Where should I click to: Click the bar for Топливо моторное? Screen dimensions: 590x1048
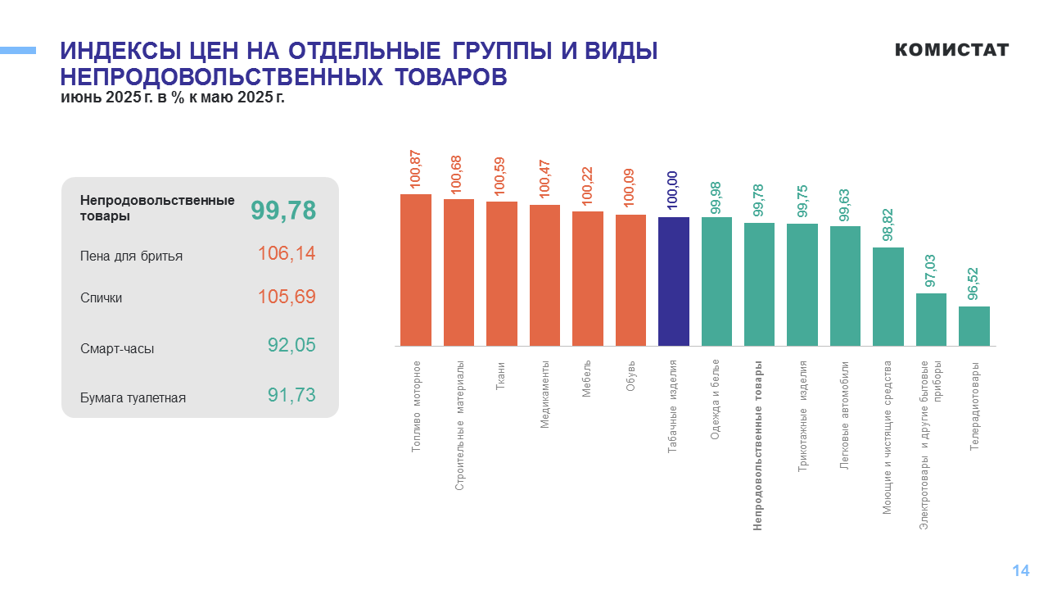(x=415, y=270)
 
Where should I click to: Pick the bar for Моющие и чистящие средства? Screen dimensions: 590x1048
(x=888, y=296)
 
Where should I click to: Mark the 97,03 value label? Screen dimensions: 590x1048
(x=931, y=271)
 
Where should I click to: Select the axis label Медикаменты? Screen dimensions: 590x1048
(x=544, y=394)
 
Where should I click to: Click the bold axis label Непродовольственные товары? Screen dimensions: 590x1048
(x=758, y=445)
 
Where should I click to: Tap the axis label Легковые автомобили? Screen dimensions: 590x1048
(x=844, y=415)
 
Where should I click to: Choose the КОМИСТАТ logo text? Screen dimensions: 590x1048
(x=951, y=50)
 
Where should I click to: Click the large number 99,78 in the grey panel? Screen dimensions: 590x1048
(x=283, y=211)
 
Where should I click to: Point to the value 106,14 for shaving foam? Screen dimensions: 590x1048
(x=287, y=254)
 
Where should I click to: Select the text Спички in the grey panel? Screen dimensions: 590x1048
(x=101, y=298)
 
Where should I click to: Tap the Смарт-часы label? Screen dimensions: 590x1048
(x=117, y=348)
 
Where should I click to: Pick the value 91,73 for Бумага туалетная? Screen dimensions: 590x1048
(x=291, y=395)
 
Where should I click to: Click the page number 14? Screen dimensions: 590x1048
(x=1020, y=571)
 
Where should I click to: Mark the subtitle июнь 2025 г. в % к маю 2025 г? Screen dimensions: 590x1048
(x=172, y=98)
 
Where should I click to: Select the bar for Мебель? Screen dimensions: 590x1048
(x=587, y=279)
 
